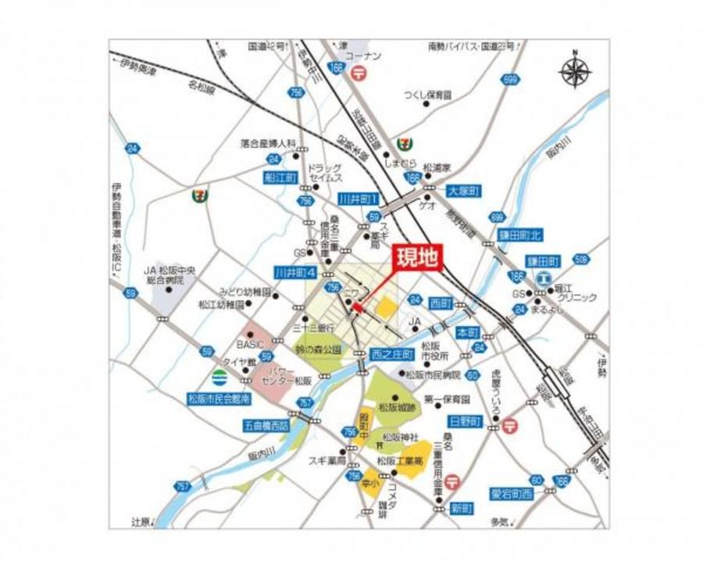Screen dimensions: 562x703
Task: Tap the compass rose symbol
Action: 576,72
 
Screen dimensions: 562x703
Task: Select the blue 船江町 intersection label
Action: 280,179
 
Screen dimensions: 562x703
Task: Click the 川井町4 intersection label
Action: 294,273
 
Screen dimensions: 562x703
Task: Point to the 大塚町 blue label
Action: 463,191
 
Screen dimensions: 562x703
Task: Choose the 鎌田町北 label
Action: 519,234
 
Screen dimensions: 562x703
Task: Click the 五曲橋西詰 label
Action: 266,427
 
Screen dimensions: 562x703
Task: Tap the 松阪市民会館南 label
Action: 219,399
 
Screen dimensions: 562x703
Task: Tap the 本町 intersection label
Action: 467,331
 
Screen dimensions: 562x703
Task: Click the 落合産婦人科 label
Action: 268,144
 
